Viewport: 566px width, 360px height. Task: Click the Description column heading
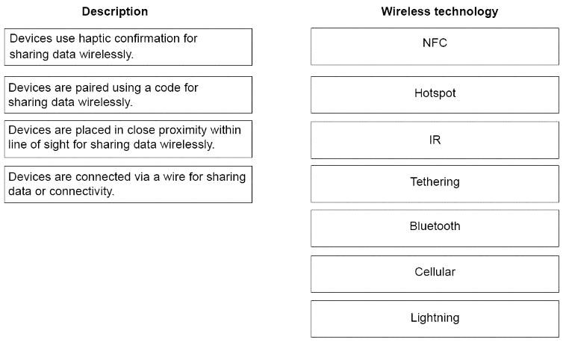[x=115, y=11]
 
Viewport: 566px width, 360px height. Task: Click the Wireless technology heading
[x=439, y=11]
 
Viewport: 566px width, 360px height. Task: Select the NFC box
[x=435, y=46]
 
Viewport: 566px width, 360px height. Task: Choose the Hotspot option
[x=435, y=95]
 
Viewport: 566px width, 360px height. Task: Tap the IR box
[x=435, y=140]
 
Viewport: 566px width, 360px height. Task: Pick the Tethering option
[x=435, y=184]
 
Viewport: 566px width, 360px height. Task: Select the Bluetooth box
[x=435, y=229]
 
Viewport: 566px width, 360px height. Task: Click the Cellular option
[x=435, y=274]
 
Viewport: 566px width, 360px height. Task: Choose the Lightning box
[x=435, y=319]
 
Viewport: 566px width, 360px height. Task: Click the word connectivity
[x=81, y=191]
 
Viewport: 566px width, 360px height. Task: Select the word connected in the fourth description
[x=103, y=176]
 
